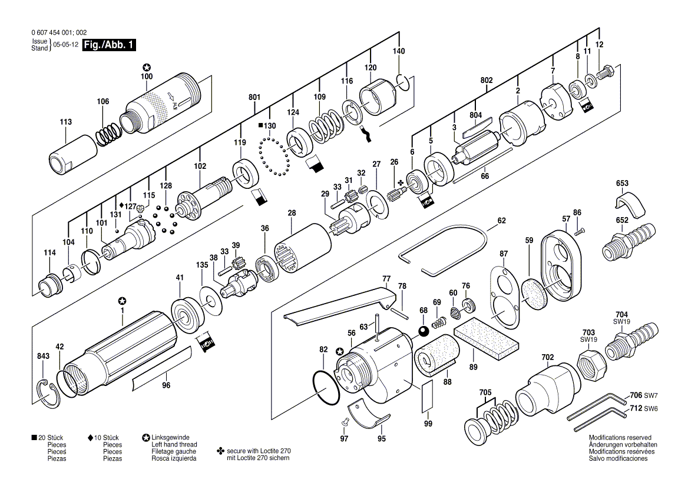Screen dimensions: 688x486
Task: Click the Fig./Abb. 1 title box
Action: click(x=109, y=45)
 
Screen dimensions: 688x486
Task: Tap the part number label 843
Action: click(x=43, y=357)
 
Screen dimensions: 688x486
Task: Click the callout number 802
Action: click(x=486, y=80)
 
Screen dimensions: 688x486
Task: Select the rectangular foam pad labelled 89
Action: click(x=486, y=339)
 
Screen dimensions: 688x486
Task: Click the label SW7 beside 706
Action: click(x=651, y=395)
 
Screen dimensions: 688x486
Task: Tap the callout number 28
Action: click(x=292, y=213)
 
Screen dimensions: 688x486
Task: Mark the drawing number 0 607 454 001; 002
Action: click(x=59, y=32)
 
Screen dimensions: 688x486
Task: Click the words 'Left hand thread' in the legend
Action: click(x=174, y=444)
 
